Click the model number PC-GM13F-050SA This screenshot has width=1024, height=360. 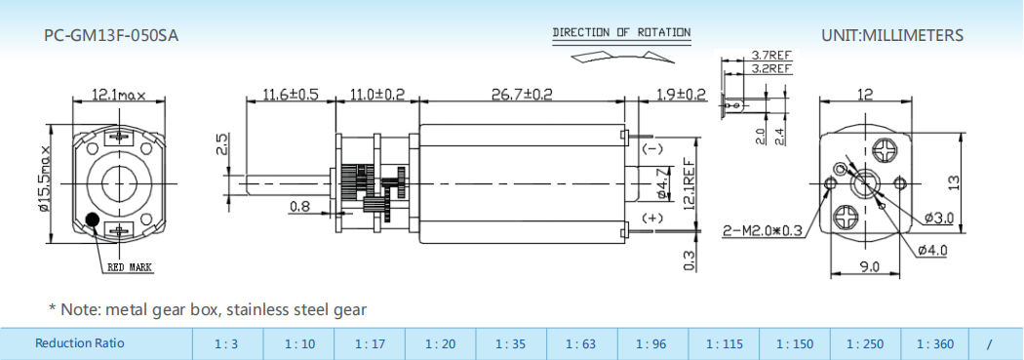pyautogui.click(x=111, y=36)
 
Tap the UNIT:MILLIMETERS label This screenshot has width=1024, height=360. pyautogui.click(x=892, y=35)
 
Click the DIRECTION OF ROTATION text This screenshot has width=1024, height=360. pyautogui.click(x=621, y=32)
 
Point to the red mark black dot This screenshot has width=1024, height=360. pyautogui.click(x=92, y=220)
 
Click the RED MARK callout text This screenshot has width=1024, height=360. pyautogui.click(x=130, y=267)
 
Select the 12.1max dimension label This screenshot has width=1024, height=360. pyautogui.click(x=118, y=96)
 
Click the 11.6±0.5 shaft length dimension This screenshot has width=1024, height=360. pyautogui.click(x=290, y=94)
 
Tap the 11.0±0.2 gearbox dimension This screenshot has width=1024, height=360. pyautogui.click(x=376, y=94)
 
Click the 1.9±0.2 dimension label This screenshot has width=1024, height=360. pyautogui.click(x=681, y=94)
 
